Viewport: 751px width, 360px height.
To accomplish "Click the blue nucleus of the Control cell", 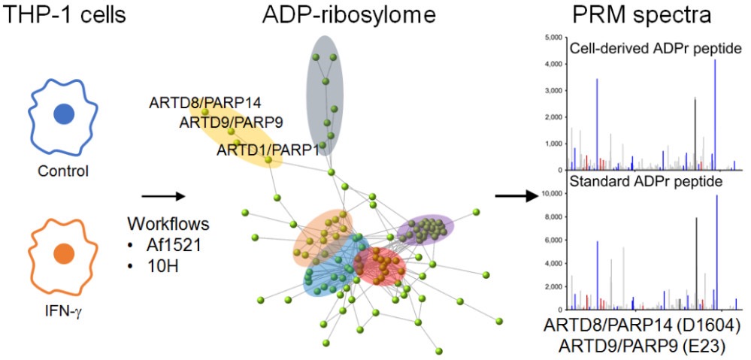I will [x=64, y=113].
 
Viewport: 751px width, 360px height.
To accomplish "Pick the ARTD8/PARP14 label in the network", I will [x=204, y=102].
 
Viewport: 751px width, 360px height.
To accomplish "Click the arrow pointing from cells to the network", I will [x=163, y=197].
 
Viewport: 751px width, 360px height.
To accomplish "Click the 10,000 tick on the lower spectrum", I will [x=550, y=194].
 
